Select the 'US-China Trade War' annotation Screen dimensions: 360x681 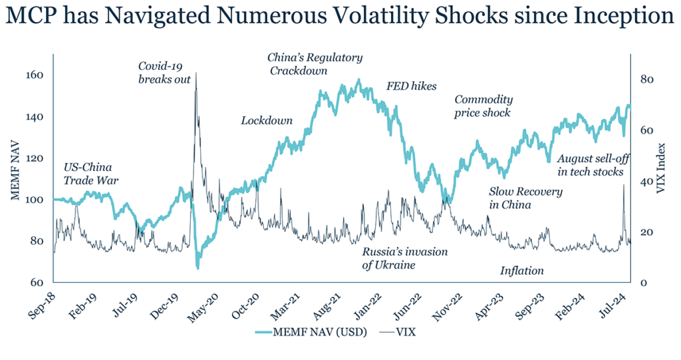[88, 173]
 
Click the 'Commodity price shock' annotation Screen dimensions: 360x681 [483, 106]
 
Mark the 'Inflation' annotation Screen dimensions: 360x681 [522, 271]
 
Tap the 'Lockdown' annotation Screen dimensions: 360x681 [267, 120]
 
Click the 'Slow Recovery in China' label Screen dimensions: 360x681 [525, 198]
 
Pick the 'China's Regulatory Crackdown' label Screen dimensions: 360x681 [315, 64]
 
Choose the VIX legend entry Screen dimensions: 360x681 [403, 331]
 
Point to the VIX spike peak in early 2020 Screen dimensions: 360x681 [196, 73]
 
